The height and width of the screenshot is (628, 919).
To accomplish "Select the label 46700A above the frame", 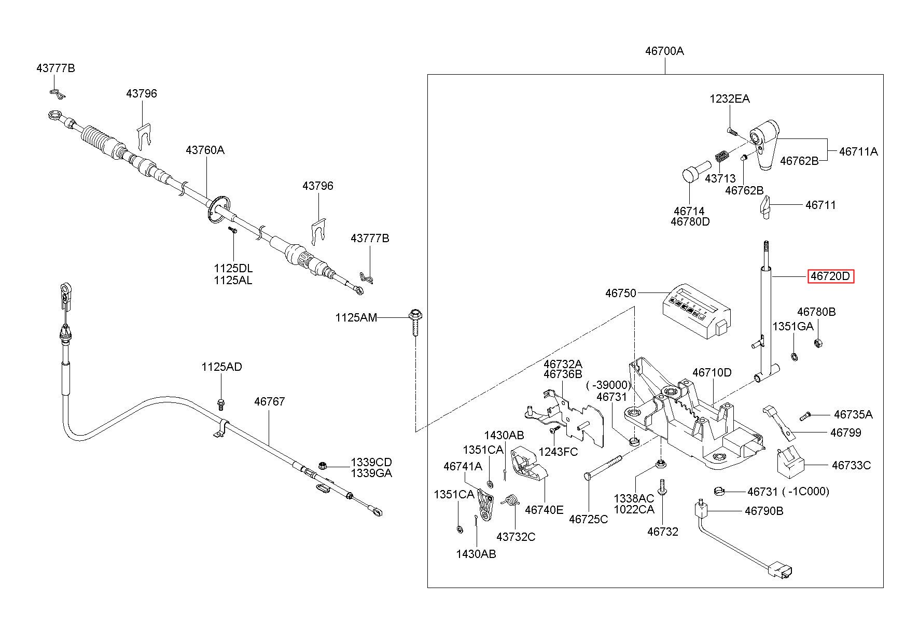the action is click(x=664, y=51).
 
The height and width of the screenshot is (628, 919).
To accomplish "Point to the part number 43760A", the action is click(x=205, y=150).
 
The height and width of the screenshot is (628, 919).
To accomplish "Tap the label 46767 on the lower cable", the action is click(x=269, y=401).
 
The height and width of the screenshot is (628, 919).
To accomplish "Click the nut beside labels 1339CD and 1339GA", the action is click(x=322, y=466).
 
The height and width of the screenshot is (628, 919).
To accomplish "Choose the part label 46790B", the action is click(x=764, y=511).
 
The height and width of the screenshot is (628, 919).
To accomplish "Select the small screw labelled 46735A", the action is click(x=804, y=415).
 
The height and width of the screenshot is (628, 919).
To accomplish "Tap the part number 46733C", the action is click(x=851, y=465).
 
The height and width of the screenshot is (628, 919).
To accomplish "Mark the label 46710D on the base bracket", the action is click(x=712, y=372).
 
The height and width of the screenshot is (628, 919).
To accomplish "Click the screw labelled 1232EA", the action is click(x=731, y=132).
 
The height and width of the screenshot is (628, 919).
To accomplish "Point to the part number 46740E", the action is click(x=544, y=510).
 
